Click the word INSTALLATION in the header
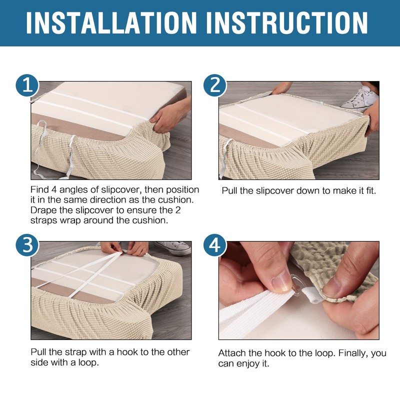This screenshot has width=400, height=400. pyautogui.click(x=111, y=22)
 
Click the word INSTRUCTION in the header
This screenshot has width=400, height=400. pyautogui.click(x=287, y=22)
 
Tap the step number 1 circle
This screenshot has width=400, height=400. pyautogui.click(x=27, y=85)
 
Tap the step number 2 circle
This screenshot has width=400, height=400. pyautogui.click(x=215, y=85)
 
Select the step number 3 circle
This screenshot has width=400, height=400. pyautogui.click(x=27, y=245)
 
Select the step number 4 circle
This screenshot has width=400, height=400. pyautogui.click(x=215, y=245)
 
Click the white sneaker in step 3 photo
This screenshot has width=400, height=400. pyautogui.click(x=172, y=247)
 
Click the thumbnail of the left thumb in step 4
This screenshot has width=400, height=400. pyautogui.click(x=281, y=283)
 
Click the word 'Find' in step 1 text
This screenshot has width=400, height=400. pyautogui.click(x=39, y=190)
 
